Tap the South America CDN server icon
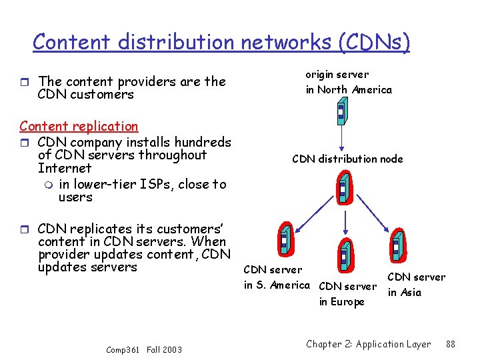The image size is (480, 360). coord(283,239)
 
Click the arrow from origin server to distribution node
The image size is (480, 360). coord(341,140)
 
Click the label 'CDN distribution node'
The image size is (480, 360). coord(347,159)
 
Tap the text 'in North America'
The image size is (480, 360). coord(349,89)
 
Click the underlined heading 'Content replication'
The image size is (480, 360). coord(79,126)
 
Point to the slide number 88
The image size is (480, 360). coord(450,344)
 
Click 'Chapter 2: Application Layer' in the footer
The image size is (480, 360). coord(368,344)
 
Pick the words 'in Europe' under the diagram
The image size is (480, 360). coord(341,302)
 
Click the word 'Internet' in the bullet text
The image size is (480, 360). coord(65,169)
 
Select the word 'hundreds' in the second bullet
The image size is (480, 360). coord(200,141)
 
